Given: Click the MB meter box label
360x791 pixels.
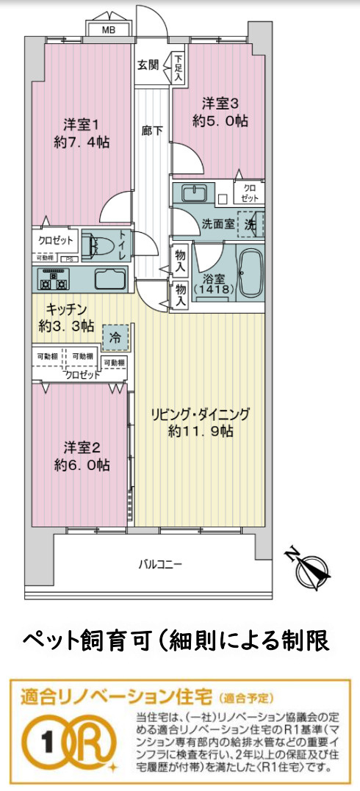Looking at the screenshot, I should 108,30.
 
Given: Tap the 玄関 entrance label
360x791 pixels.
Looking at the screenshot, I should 148,64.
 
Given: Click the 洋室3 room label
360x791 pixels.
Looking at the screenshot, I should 220,102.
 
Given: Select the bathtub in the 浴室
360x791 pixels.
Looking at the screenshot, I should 251,272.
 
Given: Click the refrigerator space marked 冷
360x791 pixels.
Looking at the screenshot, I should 115,338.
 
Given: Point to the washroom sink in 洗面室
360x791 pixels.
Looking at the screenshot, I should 195,194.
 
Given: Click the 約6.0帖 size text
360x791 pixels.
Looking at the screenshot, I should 82,465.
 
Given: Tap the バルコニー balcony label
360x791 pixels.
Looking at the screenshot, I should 160,564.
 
